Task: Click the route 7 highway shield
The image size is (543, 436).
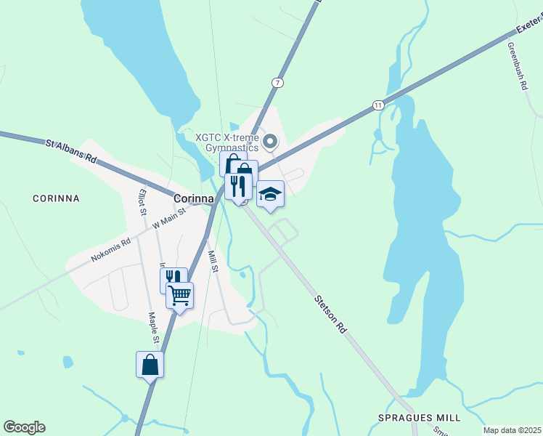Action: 278,83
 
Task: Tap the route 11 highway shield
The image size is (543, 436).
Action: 378,105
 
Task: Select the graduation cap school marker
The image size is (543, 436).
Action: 270,194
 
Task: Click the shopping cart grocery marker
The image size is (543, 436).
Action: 179,296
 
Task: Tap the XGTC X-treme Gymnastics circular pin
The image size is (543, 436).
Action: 270,141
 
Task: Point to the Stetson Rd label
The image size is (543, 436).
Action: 330,313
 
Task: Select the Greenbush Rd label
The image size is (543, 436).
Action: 517,66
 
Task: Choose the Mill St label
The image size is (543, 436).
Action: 213,261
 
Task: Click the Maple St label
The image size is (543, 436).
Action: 154,328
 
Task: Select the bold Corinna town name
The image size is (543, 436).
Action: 194,198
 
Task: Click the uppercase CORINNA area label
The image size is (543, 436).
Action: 56,198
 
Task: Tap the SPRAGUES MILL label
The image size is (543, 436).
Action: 419,418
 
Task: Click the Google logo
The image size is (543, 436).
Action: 24,427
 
